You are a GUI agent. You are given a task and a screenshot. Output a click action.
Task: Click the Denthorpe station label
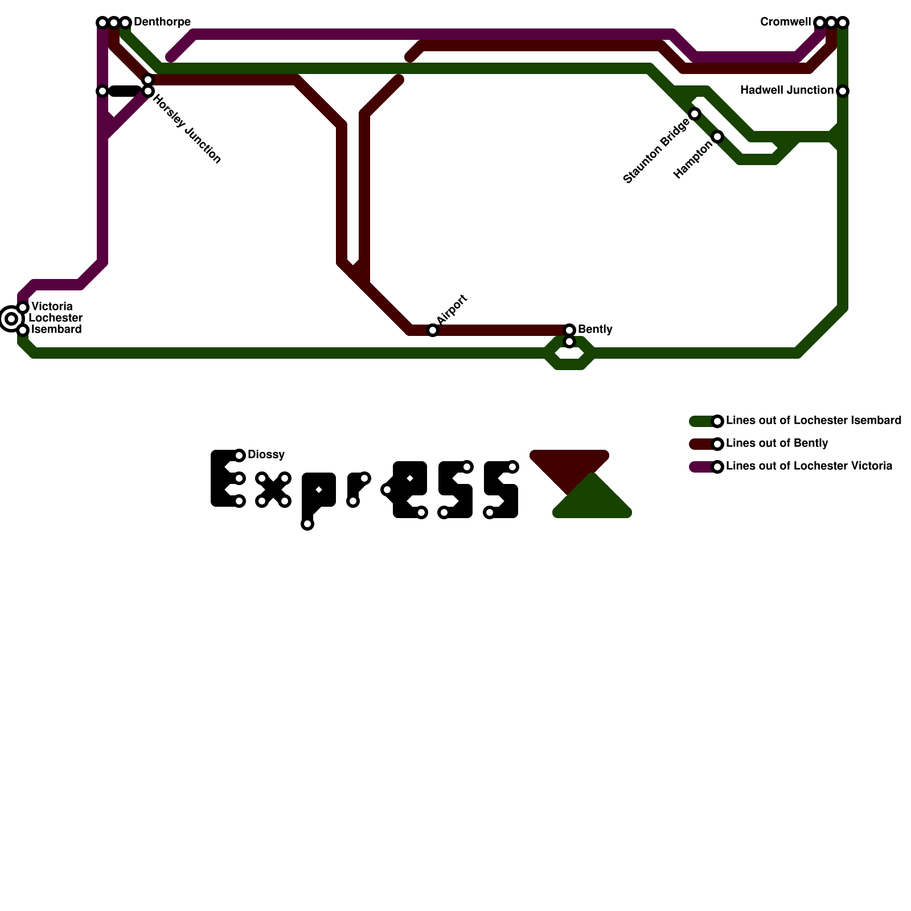pyautogui.click(x=162, y=22)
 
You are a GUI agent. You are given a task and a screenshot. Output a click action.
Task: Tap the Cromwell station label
pyautogui.click(x=785, y=22)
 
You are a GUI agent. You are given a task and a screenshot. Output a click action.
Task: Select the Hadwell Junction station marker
pyautogui.click(x=843, y=91)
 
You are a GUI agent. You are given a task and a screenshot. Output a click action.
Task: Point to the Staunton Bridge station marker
pyautogui.click(x=695, y=114)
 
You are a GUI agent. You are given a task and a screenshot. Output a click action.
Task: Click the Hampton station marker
pyautogui.click(x=718, y=137)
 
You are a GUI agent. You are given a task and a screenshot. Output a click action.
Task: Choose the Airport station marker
pyautogui.click(x=433, y=330)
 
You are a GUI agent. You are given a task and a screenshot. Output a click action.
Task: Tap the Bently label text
pyautogui.click(x=595, y=330)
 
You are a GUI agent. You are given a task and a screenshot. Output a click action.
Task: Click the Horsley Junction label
pyautogui.click(x=187, y=130)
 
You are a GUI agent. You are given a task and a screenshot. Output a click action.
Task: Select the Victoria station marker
pyautogui.click(x=23, y=307)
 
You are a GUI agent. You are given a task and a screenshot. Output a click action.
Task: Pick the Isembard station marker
pyautogui.click(x=23, y=330)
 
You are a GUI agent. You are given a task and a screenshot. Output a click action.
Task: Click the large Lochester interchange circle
pyautogui.click(x=11, y=319)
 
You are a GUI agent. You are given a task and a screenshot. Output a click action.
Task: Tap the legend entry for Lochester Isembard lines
pyautogui.click(x=813, y=421)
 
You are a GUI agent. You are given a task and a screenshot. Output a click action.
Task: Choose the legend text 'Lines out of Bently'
pyautogui.click(x=777, y=444)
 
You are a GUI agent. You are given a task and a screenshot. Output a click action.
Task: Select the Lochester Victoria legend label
pyautogui.click(x=809, y=466)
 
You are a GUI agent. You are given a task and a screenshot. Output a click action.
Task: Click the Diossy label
pyautogui.click(x=266, y=455)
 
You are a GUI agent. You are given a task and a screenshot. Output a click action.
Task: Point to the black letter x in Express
pyautogui.click(x=273, y=490)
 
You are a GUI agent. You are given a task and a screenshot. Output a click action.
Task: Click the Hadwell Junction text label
pyautogui.click(x=786, y=91)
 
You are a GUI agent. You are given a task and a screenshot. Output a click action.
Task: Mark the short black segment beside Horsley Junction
pyautogui.click(x=125, y=91)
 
